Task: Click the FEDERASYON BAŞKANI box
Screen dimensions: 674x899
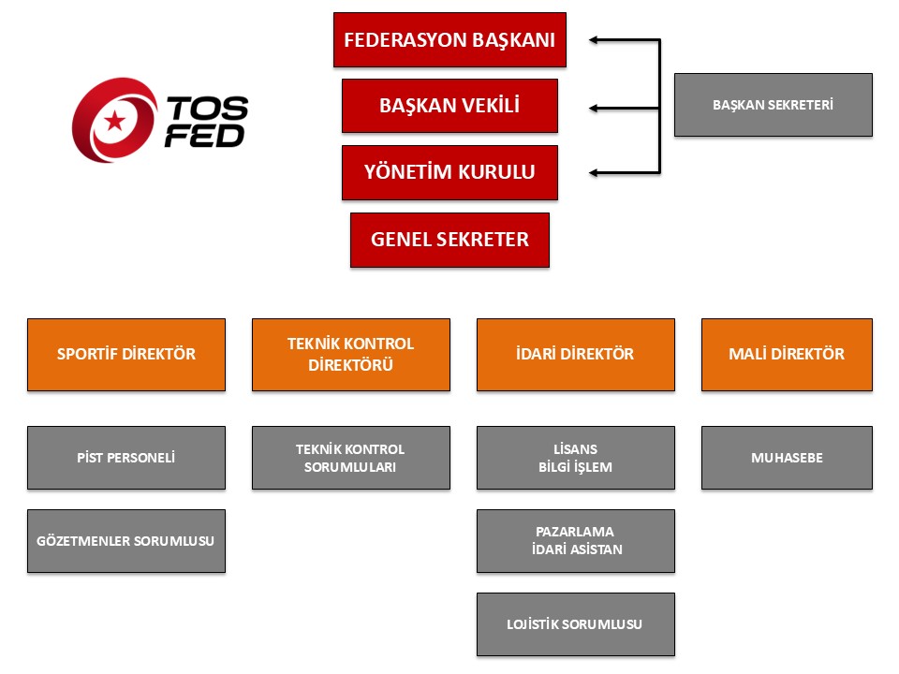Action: coord(449,39)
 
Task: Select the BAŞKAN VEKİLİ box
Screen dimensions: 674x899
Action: coord(449,106)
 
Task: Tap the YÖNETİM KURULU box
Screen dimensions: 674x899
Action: coord(449,172)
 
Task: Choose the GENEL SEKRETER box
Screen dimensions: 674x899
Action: coord(449,240)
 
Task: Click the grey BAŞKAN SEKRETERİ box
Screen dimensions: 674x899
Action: coord(773,105)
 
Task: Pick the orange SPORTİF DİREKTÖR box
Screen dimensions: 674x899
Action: coord(126,354)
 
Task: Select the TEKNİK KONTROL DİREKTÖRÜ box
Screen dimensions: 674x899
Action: coord(351,354)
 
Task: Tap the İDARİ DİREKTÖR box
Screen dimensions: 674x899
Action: coord(576,354)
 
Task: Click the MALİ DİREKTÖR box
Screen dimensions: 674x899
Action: coord(787,354)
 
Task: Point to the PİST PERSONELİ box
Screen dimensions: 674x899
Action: coord(126,458)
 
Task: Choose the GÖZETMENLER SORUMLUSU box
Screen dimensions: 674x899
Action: coord(126,541)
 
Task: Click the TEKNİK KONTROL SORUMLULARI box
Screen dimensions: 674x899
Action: coord(351,458)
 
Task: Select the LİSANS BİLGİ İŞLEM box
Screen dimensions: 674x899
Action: coord(576,458)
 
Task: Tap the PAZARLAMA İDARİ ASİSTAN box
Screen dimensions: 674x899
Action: coord(576,541)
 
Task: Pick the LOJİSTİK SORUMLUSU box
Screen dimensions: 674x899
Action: coord(576,624)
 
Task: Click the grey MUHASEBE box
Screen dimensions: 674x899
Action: coord(787,458)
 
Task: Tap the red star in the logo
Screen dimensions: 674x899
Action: coord(114,120)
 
